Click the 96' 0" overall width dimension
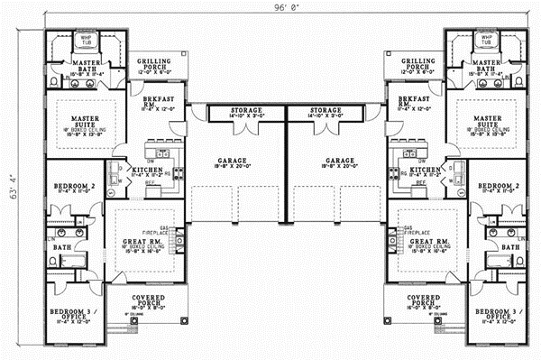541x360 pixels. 270,8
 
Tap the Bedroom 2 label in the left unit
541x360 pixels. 65,186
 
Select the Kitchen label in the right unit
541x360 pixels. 425,170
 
